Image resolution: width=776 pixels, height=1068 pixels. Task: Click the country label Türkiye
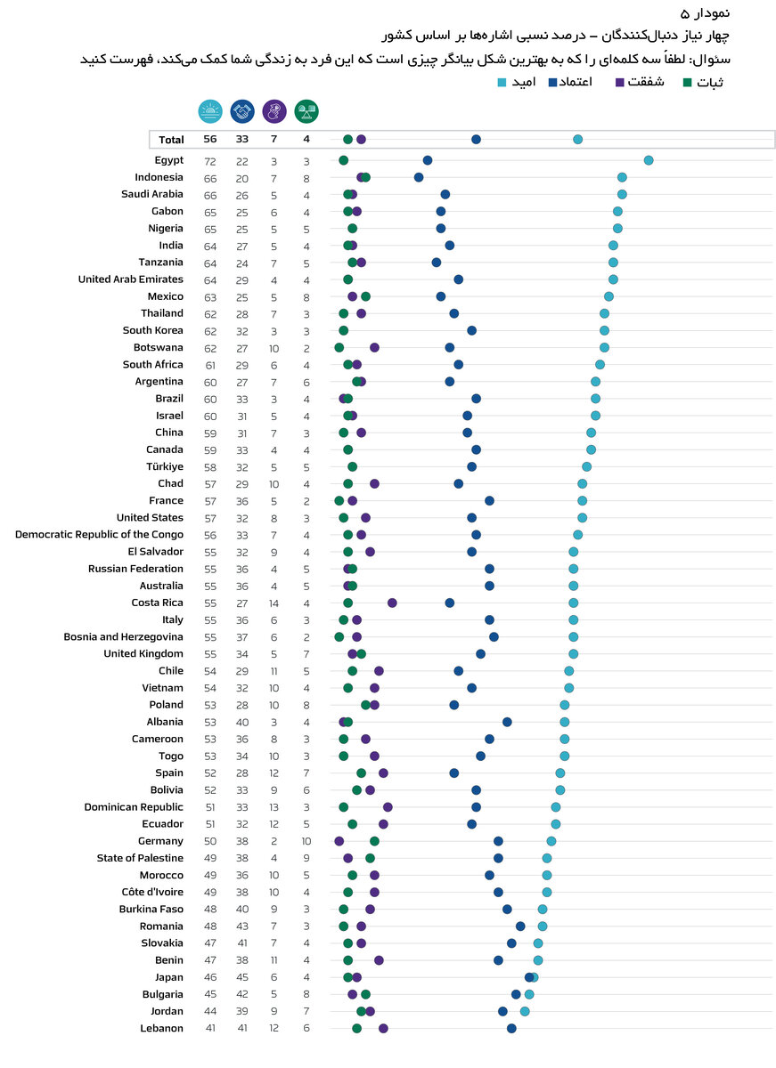click(165, 466)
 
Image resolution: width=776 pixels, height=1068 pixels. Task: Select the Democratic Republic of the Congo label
click(99, 535)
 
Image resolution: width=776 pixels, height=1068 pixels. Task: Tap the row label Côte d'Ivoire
click(152, 892)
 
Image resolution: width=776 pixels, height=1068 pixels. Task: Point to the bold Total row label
click(171, 140)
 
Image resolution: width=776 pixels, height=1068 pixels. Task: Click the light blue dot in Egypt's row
click(649, 160)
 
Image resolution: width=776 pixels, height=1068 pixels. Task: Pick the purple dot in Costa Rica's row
click(392, 603)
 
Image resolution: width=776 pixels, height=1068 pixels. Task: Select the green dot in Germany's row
click(374, 841)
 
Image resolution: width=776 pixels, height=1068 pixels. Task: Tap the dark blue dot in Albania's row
click(507, 722)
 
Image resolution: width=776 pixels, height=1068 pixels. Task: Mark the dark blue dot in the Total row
click(476, 140)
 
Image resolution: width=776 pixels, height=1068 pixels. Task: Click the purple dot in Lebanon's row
click(383, 1028)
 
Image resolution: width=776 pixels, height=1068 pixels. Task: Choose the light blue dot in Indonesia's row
click(622, 177)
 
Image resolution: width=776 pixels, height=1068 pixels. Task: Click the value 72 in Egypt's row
click(210, 161)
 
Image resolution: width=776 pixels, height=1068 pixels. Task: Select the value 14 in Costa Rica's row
click(274, 603)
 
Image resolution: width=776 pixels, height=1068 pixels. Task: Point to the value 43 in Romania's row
click(242, 926)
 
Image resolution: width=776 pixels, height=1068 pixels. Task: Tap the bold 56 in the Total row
click(210, 140)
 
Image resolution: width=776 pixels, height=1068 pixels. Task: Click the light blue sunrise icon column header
click(210, 111)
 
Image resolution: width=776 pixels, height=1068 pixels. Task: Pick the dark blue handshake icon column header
click(242, 111)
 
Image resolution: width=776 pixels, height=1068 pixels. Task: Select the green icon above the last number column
click(306, 111)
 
